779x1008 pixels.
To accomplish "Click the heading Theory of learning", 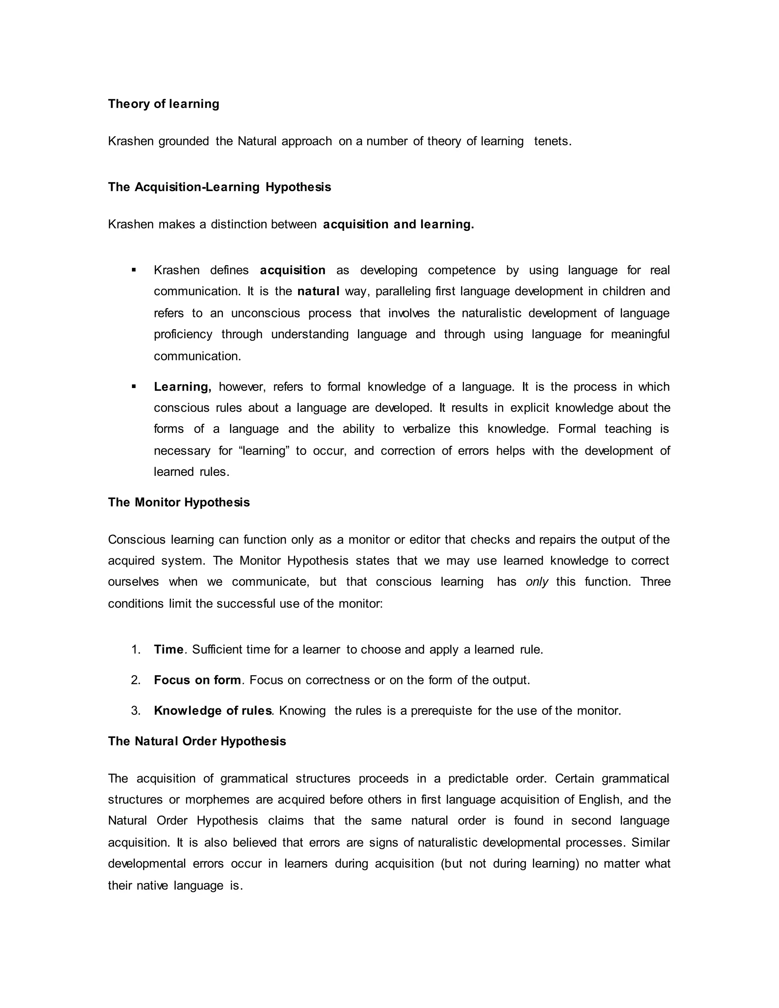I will [x=163, y=104].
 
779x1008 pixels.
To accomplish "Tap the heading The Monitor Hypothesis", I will [x=179, y=502].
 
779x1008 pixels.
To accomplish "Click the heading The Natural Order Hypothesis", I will [x=197, y=741].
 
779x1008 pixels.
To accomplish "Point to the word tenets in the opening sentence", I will [x=552, y=141].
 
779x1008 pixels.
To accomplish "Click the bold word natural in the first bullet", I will [x=318, y=291].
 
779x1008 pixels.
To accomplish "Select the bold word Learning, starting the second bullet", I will [x=182, y=387].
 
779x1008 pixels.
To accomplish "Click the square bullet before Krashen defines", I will [x=134, y=270].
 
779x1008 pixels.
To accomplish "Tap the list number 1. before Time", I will [x=136, y=650].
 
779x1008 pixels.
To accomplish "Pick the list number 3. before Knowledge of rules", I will [x=136, y=711].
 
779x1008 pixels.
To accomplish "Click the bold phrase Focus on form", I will [x=197, y=680].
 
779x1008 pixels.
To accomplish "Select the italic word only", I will [x=537, y=582].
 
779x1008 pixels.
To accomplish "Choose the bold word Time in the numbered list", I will [x=169, y=650].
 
